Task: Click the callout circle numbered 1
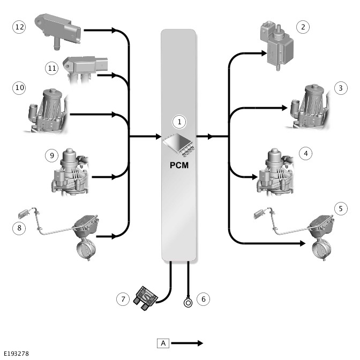(x=180, y=122)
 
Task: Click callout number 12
(x=19, y=27)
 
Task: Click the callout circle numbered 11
(x=51, y=68)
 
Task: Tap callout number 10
(x=19, y=88)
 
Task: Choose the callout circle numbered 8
(x=19, y=228)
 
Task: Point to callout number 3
(x=340, y=88)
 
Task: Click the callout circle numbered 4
(x=306, y=154)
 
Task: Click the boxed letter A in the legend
(x=163, y=343)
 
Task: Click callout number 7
(x=123, y=298)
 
